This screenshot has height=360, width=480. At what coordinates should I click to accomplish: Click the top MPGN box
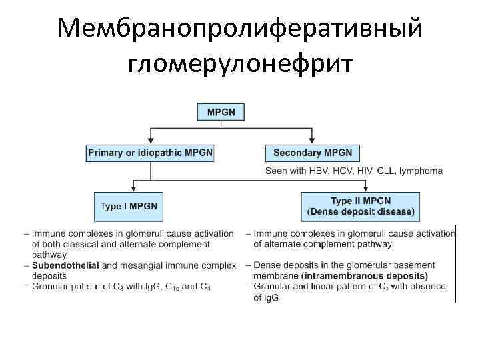pos(221,112)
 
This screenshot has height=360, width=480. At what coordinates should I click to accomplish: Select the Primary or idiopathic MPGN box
pos(150,153)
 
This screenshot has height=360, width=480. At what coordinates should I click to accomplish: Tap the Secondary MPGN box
pos(313,153)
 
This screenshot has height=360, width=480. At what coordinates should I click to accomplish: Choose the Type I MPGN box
pos(129,207)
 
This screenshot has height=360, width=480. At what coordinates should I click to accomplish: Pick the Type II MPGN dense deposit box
pos(360,207)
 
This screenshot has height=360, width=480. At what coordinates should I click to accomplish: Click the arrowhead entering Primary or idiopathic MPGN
pos(151,141)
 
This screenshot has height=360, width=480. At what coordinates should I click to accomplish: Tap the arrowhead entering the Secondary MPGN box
pos(313,141)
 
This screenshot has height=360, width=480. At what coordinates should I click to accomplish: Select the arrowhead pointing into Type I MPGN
pos(134,189)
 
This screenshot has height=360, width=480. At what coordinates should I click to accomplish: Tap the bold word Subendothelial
pos(65,265)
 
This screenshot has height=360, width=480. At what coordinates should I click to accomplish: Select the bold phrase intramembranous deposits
pos(365,275)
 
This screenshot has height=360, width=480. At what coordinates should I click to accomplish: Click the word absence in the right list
pos(435,286)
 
